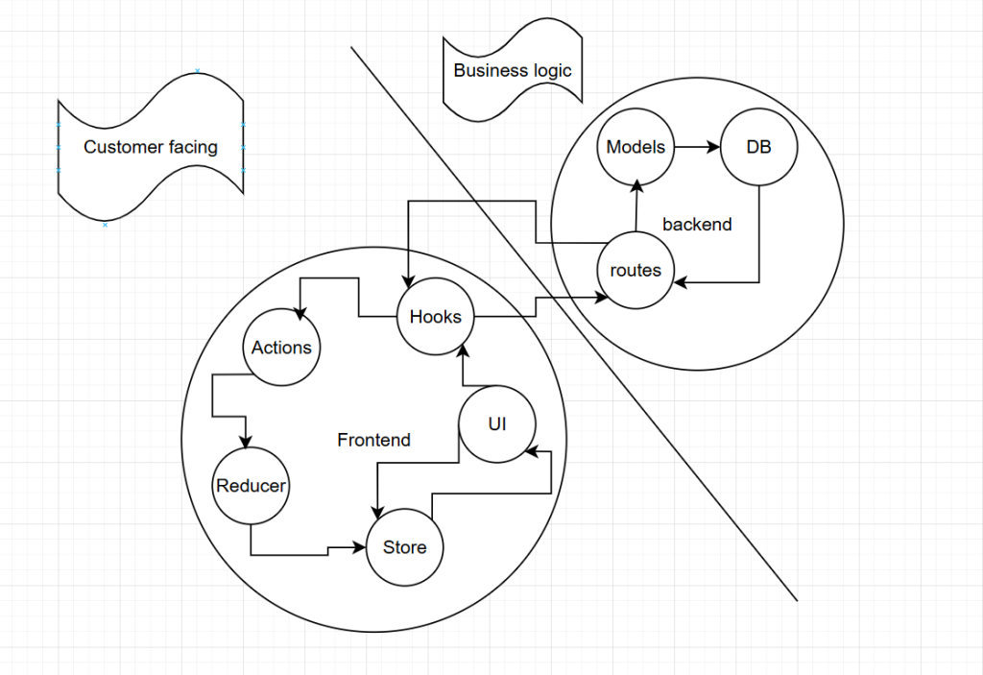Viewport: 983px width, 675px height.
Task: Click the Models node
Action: (635, 148)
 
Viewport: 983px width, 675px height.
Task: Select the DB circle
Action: (758, 148)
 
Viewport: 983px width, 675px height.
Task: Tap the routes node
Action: (635, 270)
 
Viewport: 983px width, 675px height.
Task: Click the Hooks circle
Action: (436, 317)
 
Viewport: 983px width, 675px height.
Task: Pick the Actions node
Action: (281, 348)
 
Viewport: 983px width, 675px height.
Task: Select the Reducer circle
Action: (251, 486)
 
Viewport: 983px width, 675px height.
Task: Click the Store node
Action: (404, 547)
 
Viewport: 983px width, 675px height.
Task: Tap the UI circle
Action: (497, 424)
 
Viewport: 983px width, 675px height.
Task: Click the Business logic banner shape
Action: (513, 71)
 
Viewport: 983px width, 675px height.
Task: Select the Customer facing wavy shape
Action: (151, 148)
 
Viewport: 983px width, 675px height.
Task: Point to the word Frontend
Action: (373, 440)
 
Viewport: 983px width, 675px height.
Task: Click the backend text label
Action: (697, 225)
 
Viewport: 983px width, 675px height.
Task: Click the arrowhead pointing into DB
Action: (713, 148)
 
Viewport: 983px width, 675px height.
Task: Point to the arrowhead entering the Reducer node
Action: (247, 443)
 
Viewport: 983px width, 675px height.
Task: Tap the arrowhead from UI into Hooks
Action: (462, 350)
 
